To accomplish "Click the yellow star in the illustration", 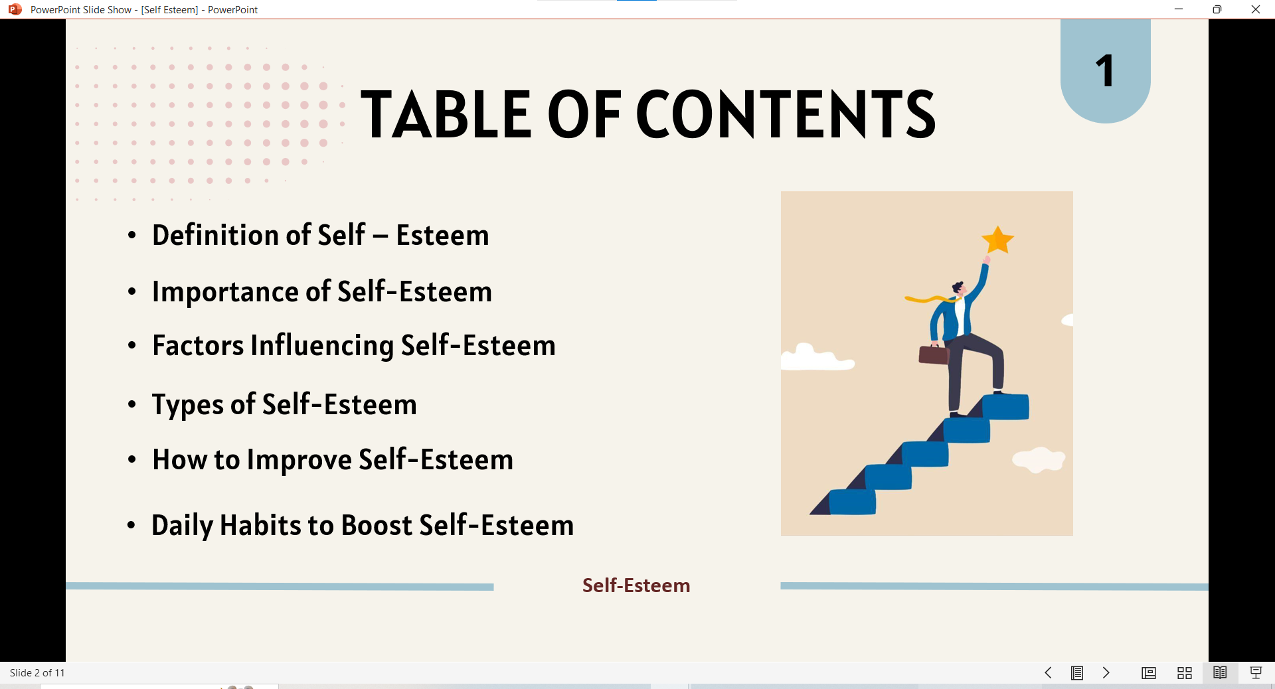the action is coord(997,240).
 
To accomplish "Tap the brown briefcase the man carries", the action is coord(934,354).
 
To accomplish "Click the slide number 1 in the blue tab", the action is coord(1104,71).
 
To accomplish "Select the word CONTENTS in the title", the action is coord(786,114).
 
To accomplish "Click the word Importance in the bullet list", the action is coord(225,292).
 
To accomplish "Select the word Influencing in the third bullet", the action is coord(322,346).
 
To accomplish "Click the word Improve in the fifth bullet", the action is coord(299,460).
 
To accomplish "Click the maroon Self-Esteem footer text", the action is coord(636,585).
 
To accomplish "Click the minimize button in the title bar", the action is coord(1179,9).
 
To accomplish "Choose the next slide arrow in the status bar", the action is coord(1106,673).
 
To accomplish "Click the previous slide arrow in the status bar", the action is coord(1048,673).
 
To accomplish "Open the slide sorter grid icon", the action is coord(1184,673).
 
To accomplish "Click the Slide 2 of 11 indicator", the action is coord(37,673).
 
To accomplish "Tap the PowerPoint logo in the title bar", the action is coord(15,9).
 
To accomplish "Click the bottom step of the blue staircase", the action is coord(853,502).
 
